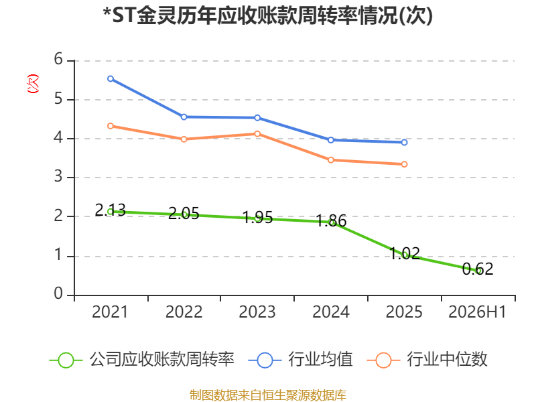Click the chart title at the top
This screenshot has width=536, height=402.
click(268, 15)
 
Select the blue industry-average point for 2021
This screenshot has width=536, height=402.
click(111, 79)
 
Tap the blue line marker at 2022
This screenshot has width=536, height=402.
click(184, 117)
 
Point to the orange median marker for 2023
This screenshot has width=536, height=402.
click(257, 133)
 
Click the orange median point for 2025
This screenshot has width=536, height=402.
click(405, 164)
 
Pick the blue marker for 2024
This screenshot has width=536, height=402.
click(331, 140)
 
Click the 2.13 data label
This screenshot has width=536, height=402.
click(111, 210)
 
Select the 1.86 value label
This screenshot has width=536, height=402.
click(331, 220)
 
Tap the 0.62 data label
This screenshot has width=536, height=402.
click(478, 269)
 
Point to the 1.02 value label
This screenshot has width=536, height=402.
click(405, 253)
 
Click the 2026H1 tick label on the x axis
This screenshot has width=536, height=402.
click(477, 312)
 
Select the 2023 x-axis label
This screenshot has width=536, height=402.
click(257, 312)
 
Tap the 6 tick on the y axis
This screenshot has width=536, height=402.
click(58, 60)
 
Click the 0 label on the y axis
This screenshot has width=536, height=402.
click(58, 293)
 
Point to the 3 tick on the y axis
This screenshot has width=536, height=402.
click(58, 177)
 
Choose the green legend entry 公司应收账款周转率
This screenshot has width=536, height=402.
click(142, 360)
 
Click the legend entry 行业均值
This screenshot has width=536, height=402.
click(300, 360)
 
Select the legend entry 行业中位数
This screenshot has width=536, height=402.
click(427, 360)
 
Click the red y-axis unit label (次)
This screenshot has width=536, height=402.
click(33, 84)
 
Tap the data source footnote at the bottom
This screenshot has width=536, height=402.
click(268, 395)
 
